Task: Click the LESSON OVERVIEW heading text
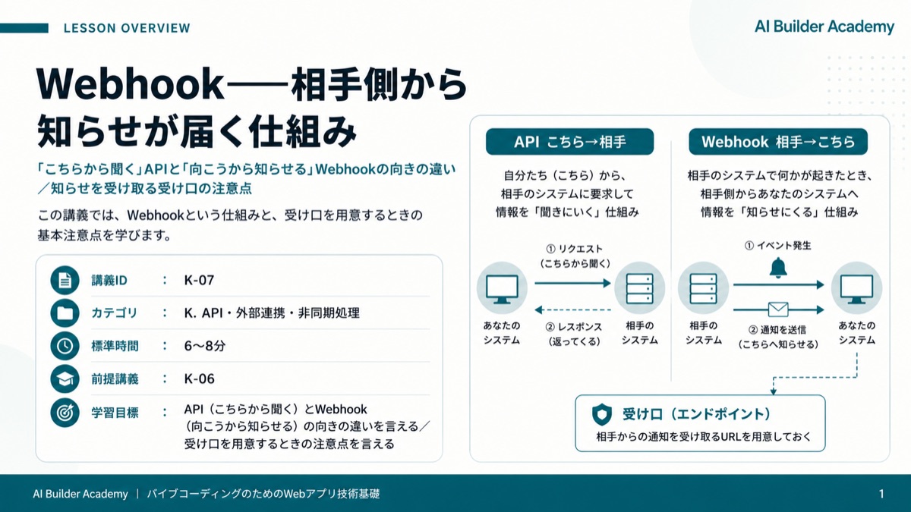point(127,28)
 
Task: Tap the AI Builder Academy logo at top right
point(824,27)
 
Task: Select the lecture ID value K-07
point(199,280)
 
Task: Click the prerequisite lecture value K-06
point(199,379)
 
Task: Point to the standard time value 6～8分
point(204,346)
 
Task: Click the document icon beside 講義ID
point(65,280)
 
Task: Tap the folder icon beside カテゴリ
point(65,313)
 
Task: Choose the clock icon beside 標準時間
point(65,346)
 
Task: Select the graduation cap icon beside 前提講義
point(65,379)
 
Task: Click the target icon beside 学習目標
point(65,413)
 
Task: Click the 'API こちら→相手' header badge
point(570,142)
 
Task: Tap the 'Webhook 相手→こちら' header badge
point(778,142)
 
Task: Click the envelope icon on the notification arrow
point(778,309)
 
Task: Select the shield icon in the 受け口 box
point(602,414)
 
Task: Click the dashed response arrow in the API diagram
point(572,310)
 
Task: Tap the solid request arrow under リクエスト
point(572,283)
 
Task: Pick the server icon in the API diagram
point(640,288)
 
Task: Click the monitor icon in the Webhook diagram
point(856,289)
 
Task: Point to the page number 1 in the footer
point(881,494)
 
